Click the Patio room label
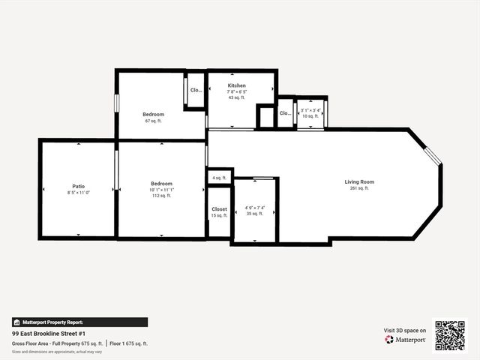click(78, 185)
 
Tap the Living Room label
click(359, 181)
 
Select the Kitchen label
click(237, 85)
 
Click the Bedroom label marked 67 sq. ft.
click(154, 114)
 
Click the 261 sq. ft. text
click(359, 188)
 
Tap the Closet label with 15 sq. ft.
click(219, 209)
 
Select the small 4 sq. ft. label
click(219, 178)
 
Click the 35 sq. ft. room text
click(255, 214)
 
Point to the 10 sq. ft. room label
click(310, 116)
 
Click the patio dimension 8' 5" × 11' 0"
click(78, 192)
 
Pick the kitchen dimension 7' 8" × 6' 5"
click(237, 91)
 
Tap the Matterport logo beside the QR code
click(406, 340)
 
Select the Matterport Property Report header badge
click(52, 322)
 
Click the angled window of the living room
click(433, 157)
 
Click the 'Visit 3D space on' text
click(405, 330)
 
